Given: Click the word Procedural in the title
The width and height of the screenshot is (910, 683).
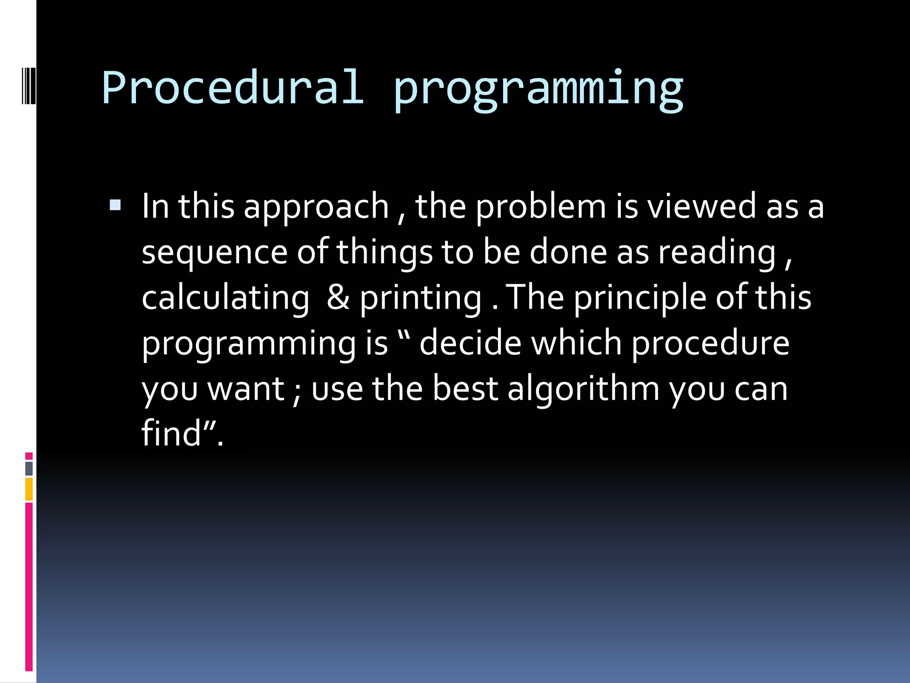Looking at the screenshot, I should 233,88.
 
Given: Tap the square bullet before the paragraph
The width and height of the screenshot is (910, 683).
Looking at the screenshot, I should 115,205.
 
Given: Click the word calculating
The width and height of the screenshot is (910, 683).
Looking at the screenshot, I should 225,299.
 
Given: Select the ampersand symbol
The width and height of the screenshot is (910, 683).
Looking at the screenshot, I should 338,297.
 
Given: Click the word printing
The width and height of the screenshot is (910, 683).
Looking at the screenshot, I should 420,299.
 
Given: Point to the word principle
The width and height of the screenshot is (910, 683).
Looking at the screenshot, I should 639,299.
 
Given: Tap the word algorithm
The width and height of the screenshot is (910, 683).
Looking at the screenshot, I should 583,389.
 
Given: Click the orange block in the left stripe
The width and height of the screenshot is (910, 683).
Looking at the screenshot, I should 29,489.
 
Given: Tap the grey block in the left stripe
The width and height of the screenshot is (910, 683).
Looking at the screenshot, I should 29,468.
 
